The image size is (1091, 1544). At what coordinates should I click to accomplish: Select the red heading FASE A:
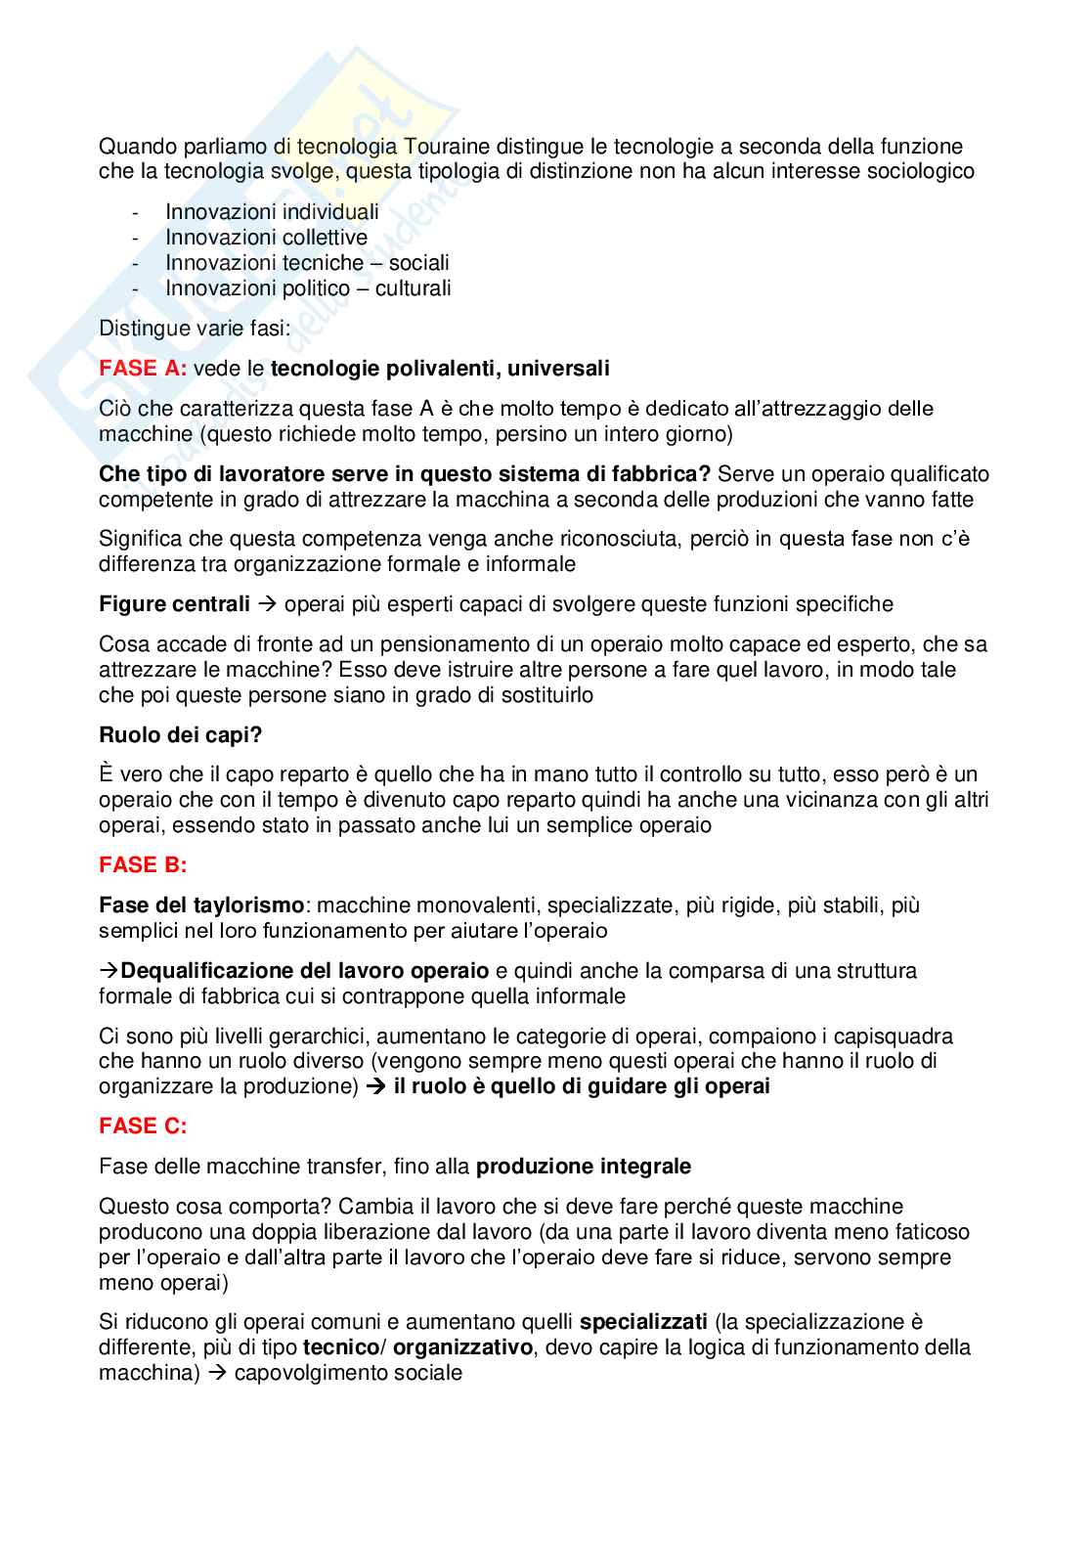pos(143,369)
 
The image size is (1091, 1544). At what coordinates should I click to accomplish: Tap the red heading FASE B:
pos(143,865)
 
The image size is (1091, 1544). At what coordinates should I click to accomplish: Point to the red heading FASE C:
pos(143,1126)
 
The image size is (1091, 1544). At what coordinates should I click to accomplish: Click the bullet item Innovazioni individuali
pos(272,212)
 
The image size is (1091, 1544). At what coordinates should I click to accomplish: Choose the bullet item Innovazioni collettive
pos(266,238)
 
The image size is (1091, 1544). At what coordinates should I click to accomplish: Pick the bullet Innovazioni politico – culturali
pos(308,288)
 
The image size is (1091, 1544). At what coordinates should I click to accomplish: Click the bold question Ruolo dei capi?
pos(181,735)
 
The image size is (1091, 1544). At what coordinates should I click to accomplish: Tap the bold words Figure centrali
pos(174,604)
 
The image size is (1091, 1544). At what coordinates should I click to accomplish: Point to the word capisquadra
pos(895,1037)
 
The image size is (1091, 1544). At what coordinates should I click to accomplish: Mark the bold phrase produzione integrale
pos(583,1167)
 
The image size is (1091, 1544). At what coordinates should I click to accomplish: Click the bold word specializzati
pos(643,1323)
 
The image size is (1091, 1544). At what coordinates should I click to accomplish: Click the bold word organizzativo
pos(462,1348)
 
